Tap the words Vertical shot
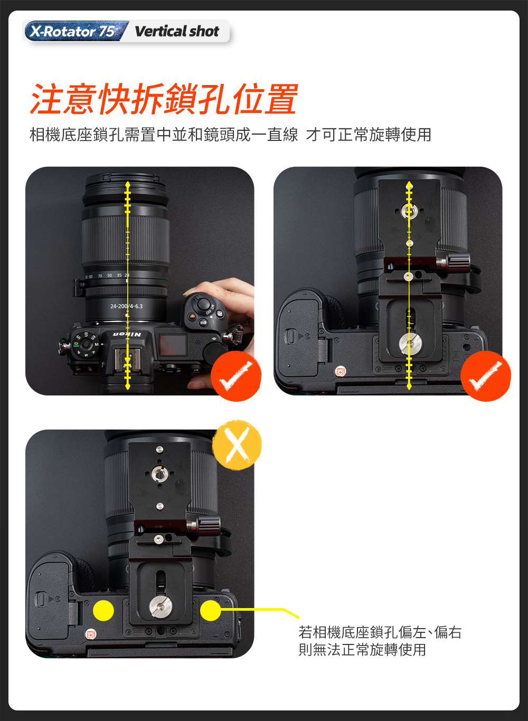coord(177,31)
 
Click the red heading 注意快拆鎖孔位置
coord(164,99)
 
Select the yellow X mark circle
coord(237,445)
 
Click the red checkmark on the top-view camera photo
coord(236,376)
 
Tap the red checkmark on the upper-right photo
coord(486,376)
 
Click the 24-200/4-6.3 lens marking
coord(126,306)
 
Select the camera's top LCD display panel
coord(173,345)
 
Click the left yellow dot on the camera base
coord(103,610)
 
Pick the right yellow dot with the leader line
coord(210,610)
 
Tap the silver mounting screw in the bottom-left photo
coord(161,608)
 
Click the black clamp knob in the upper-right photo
coord(458,262)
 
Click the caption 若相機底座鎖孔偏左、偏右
coord(380,632)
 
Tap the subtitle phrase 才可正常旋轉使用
coord(369,135)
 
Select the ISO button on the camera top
coord(203,322)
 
